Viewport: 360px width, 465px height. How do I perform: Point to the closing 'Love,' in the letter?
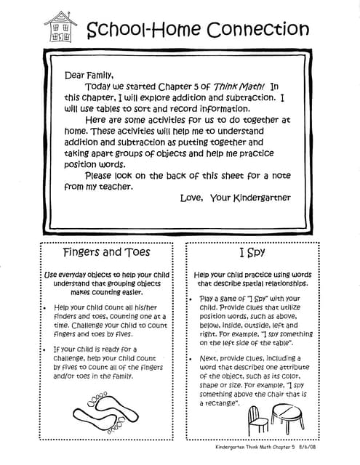click(x=192, y=198)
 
